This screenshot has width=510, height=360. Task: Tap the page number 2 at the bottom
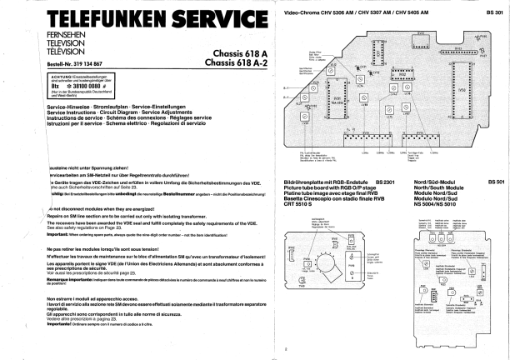tap(285, 349)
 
